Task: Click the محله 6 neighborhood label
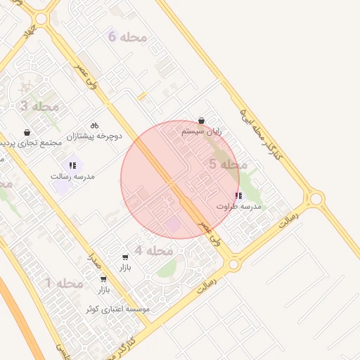pyautogui.click(x=127, y=37)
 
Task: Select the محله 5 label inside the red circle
pyautogui.click(x=229, y=165)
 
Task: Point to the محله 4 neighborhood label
pyautogui.click(x=154, y=251)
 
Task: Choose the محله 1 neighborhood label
pyautogui.click(x=64, y=283)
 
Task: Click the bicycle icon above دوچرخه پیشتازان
pyautogui.click(x=94, y=124)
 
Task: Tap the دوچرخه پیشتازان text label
pyautogui.click(x=94, y=135)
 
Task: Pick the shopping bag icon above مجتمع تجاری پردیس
pyautogui.click(x=27, y=132)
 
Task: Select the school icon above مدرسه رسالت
pyautogui.click(x=72, y=165)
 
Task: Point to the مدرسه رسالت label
pyautogui.click(x=72, y=176)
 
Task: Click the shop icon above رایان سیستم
pyautogui.click(x=202, y=121)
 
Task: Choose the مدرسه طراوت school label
pyautogui.click(x=238, y=207)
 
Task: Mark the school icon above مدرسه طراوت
pyautogui.click(x=238, y=196)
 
